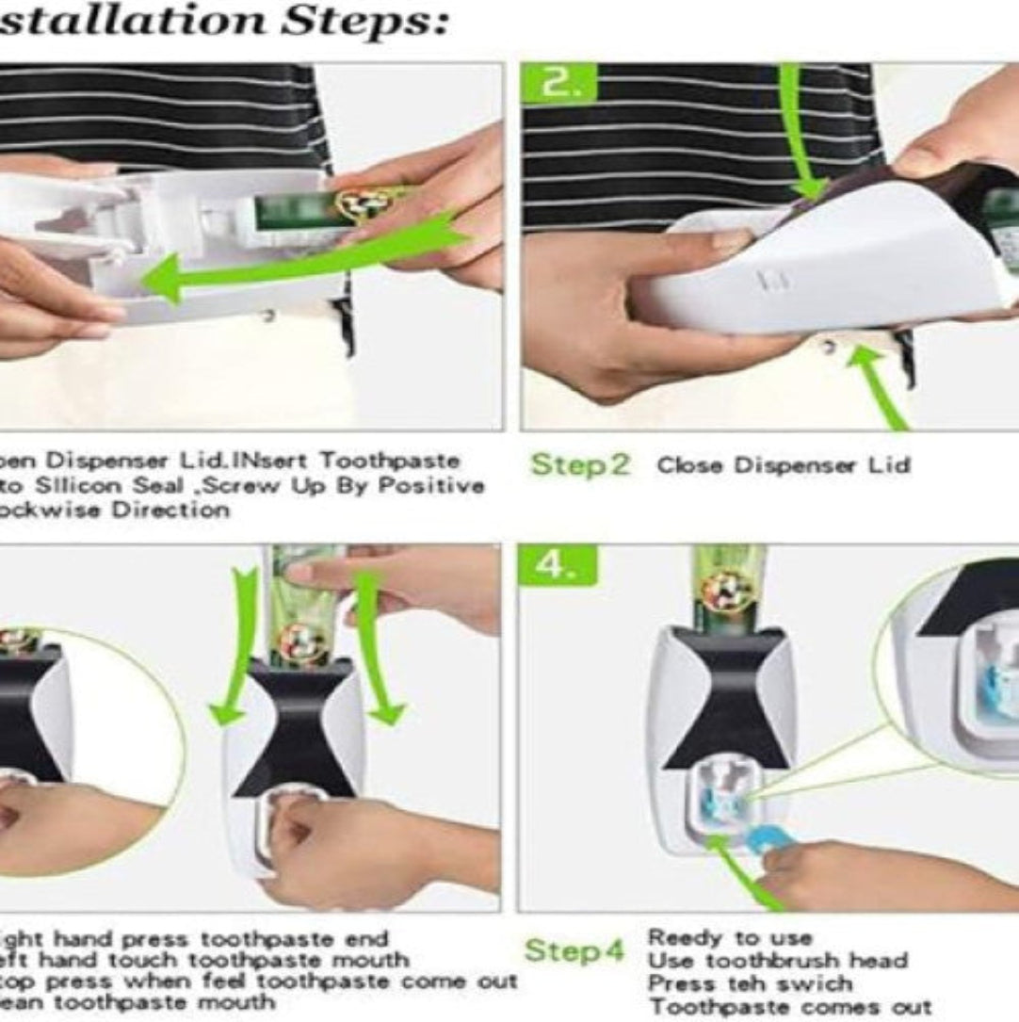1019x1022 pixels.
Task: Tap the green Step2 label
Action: pos(580,464)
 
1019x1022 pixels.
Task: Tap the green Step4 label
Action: pos(574,950)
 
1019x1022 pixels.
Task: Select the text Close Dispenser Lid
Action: pos(783,465)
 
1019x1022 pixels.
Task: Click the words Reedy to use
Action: pos(729,938)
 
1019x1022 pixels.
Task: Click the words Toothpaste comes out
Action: pos(789,1007)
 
